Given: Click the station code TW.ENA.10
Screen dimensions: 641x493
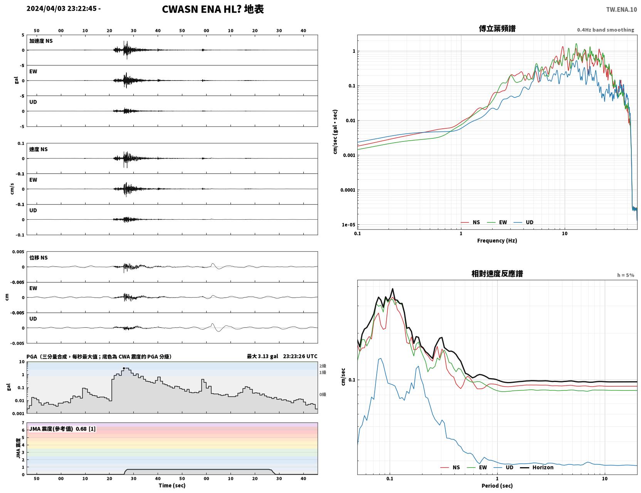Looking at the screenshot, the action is pos(621,9).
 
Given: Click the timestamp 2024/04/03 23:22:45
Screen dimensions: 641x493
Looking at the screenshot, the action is pos(62,8).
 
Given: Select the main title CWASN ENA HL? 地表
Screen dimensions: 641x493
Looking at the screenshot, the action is pos(213,9).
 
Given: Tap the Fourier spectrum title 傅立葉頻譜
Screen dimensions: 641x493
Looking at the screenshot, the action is pos(497,28).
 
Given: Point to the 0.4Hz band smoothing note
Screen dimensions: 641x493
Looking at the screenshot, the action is pos(606,30).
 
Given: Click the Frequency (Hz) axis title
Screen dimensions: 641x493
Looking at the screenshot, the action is pos(497,241).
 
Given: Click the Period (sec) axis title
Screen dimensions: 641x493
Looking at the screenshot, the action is pos(497,486).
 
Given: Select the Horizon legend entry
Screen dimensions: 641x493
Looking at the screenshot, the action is pos(537,467).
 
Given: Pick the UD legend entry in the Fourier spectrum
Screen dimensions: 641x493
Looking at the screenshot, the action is pos(523,222).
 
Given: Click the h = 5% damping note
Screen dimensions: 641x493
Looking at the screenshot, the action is pos(626,275).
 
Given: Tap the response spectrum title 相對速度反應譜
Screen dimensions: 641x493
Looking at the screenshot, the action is pos(497,274).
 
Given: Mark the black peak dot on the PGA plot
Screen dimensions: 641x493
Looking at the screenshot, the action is pos(124,368).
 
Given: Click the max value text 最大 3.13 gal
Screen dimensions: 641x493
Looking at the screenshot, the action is pos(262,357).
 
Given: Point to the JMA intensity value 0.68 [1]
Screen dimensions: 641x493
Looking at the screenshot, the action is pos(86,429).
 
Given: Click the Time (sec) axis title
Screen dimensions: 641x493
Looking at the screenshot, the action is pos(172,485).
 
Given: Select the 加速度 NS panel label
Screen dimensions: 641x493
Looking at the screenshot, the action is pos(41,41).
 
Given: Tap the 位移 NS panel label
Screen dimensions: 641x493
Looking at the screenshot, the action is pos(38,258).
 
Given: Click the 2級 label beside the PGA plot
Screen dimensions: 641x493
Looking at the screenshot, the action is pos(323,366).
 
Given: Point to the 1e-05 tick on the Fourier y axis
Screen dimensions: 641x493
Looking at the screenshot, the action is pos(348,225).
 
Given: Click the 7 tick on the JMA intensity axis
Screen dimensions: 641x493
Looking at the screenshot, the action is pos(23,423).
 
